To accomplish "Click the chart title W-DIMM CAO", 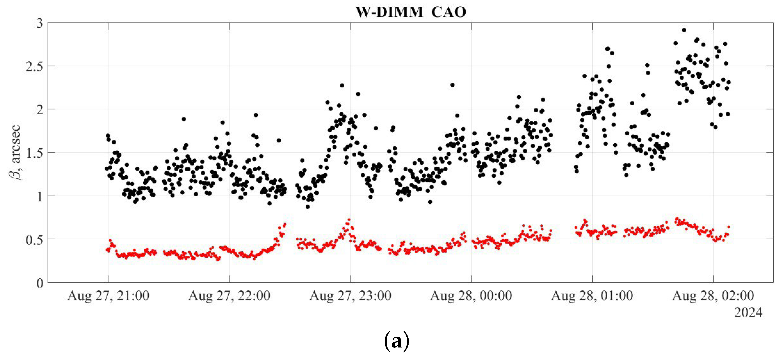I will (x=411, y=12).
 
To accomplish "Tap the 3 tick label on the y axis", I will (x=39, y=23).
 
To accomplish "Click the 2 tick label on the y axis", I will (x=39, y=110).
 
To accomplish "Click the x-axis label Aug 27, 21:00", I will (x=108, y=296).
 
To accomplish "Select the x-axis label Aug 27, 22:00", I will (x=229, y=296).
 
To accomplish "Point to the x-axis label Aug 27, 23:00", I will (x=350, y=296).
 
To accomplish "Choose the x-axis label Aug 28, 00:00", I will (x=471, y=296).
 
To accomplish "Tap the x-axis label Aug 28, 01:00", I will (x=592, y=296).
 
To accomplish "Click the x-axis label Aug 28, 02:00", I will (x=713, y=296).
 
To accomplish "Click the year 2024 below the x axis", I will (x=748, y=312).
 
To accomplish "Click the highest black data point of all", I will (x=684, y=30).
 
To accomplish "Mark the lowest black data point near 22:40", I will (x=308, y=207).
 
